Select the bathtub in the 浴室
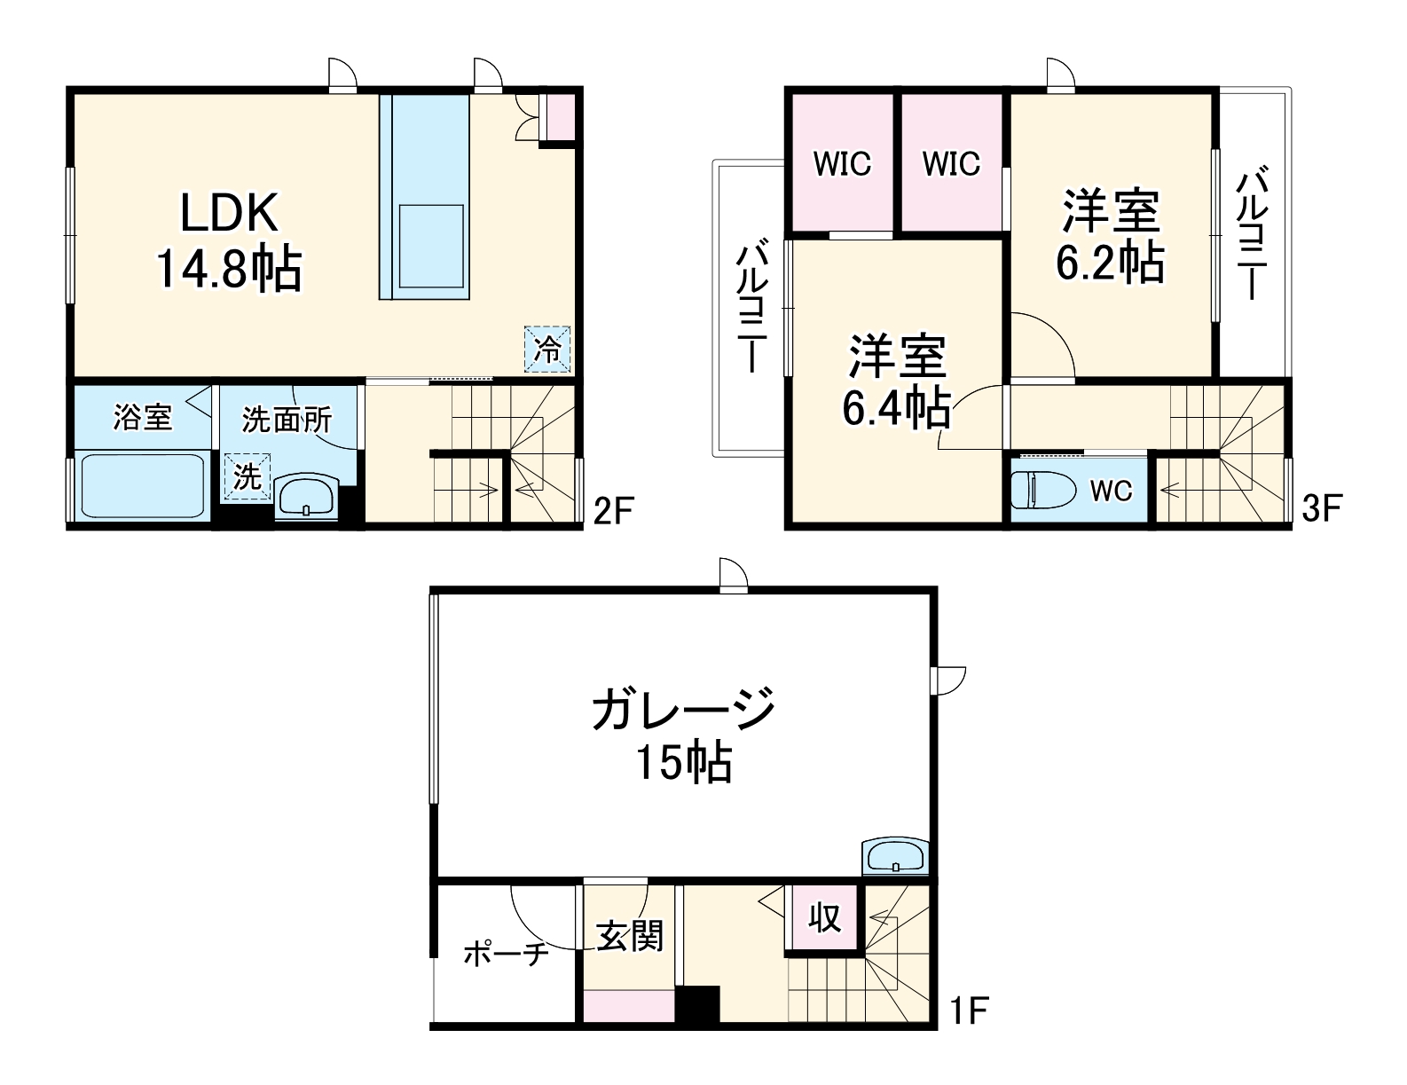coord(142,485)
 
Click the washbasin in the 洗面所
coord(306,494)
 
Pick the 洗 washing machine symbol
coord(247,476)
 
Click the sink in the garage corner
coord(895,856)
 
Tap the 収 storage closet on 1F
coord(824,917)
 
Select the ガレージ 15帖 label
coord(683,735)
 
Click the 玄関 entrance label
coord(629,936)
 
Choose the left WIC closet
coord(842,164)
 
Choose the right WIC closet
coord(951,164)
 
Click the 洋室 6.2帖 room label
coord(1110,236)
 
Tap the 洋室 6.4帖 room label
coord(896,381)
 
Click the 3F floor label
coord(1322,507)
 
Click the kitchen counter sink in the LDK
coord(430,246)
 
